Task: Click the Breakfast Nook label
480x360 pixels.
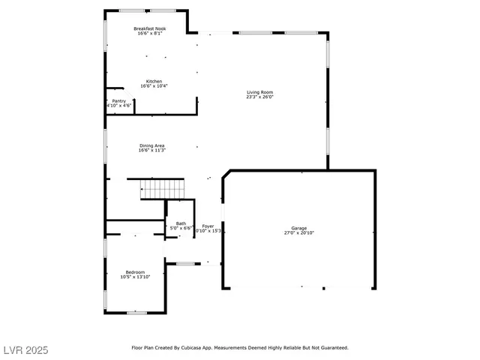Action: pos(151,28)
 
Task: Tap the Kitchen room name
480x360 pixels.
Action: pos(154,81)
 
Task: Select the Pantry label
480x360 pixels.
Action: pos(119,100)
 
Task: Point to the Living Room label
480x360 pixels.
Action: pos(260,93)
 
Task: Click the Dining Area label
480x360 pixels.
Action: pos(151,145)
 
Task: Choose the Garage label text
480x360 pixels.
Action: pos(299,228)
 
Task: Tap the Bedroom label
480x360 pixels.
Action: pos(135,272)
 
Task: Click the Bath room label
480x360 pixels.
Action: pos(181,223)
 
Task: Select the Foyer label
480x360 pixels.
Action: pos(208,226)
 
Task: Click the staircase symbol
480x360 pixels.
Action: pos(163,189)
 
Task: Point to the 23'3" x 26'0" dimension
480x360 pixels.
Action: pos(260,97)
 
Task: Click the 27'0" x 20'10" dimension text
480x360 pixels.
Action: pos(299,232)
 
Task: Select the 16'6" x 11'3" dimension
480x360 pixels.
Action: pos(151,151)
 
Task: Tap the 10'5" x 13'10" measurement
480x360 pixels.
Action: pos(135,277)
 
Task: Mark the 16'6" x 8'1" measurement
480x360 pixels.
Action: pos(151,33)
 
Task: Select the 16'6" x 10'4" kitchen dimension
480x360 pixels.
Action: pos(154,86)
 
